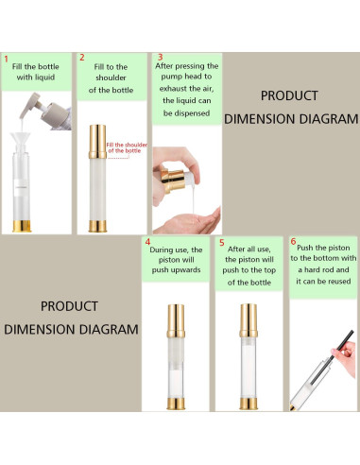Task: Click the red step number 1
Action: (6, 59)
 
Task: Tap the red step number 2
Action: (82, 58)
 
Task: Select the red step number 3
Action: (160, 57)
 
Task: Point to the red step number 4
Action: (147, 242)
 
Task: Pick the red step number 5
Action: (222, 243)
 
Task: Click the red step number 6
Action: (293, 241)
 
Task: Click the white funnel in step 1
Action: (21, 140)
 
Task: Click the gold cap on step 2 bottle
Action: (97, 142)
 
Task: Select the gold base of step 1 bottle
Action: (22, 226)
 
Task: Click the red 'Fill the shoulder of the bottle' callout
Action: (127, 147)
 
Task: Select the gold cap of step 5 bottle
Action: (249, 320)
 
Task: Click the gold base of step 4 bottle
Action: (176, 404)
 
